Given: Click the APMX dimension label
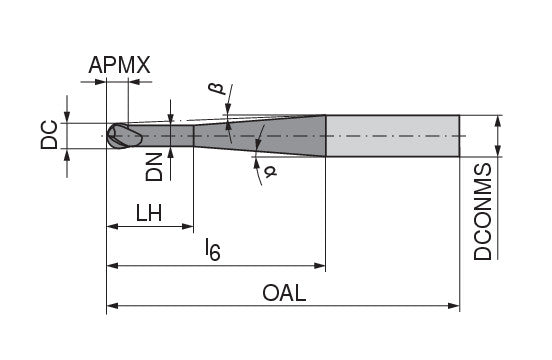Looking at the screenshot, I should (x=119, y=67).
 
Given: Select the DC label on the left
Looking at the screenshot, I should (x=49, y=136).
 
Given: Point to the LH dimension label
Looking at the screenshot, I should (x=149, y=212).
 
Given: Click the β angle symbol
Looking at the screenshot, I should (x=214, y=92).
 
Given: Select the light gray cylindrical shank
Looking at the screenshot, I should (x=392, y=135).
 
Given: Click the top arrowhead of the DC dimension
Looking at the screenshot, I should (x=68, y=117).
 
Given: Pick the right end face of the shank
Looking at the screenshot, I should (x=459, y=135).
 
